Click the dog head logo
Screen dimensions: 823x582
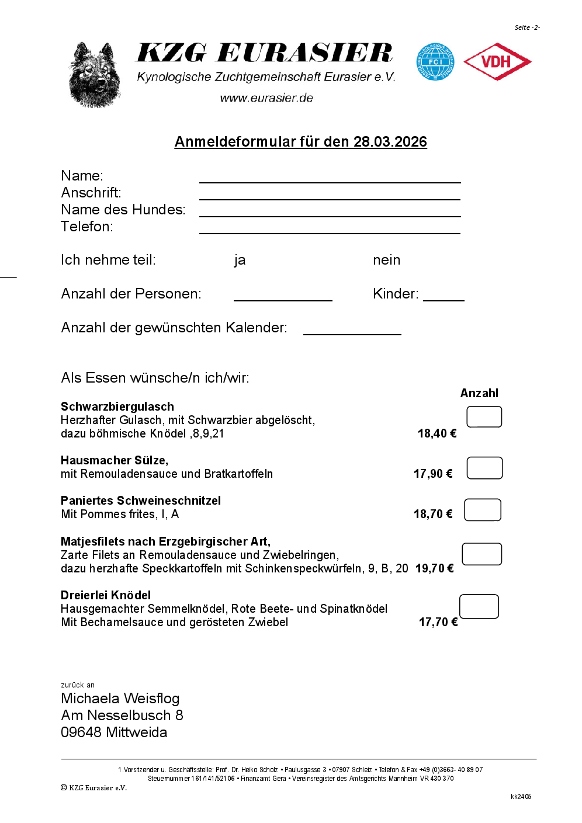[x=95, y=75]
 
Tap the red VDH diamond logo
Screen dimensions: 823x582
[x=497, y=61]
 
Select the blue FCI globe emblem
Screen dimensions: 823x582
[x=435, y=62]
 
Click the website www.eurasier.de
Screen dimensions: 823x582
[x=266, y=98]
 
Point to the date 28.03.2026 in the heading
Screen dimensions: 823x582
[x=390, y=142]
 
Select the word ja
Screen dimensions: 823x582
[x=240, y=261]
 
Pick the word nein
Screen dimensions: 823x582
[x=386, y=260]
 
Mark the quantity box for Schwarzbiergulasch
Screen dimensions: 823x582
[x=484, y=417]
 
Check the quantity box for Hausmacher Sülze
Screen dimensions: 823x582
[x=484, y=468]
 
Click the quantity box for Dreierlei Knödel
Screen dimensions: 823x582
[x=479, y=606]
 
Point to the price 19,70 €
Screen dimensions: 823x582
[x=434, y=568]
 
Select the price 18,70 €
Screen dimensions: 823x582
[x=433, y=514]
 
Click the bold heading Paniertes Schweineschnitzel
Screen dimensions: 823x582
[x=141, y=501]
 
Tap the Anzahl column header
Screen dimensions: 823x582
[x=479, y=393]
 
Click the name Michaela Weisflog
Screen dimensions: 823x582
[x=120, y=699]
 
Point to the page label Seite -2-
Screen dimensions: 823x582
[x=527, y=27]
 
